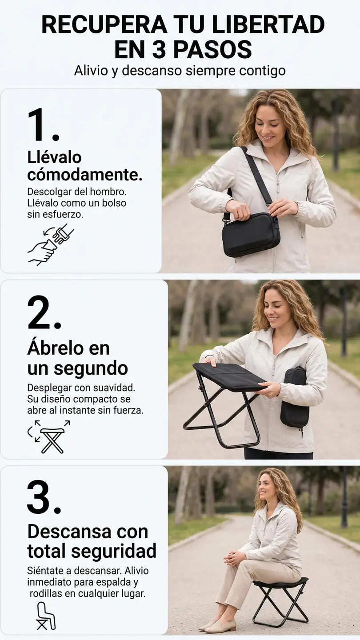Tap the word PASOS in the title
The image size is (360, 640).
(x=212, y=49)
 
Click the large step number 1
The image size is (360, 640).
(x=43, y=124)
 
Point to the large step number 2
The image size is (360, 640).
(x=44, y=312)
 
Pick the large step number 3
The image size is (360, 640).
(x=44, y=497)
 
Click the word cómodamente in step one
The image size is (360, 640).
(x=84, y=175)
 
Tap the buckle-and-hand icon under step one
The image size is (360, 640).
(x=51, y=244)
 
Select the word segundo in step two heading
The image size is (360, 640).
(x=91, y=369)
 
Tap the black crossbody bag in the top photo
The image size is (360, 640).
(x=251, y=234)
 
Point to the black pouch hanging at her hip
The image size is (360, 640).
(x=294, y=399)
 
